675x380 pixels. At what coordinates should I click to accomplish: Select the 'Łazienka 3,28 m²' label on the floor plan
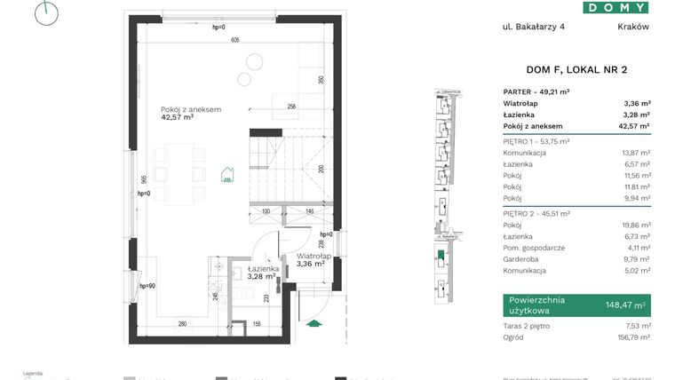pos(264,272)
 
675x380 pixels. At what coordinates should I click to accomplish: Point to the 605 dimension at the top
pos(234,41)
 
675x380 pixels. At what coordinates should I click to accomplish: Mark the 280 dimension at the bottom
pos(181,324)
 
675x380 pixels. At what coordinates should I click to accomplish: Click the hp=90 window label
pos(147,286)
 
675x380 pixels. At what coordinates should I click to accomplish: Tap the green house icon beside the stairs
pos(227,174)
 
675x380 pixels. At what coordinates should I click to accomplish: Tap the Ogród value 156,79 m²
pos(634,336)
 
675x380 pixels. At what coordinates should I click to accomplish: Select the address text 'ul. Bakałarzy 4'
pos(533,27)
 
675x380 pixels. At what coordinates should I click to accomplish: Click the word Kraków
pos(633,27)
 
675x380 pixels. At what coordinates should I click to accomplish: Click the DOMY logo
pos(615,7)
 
